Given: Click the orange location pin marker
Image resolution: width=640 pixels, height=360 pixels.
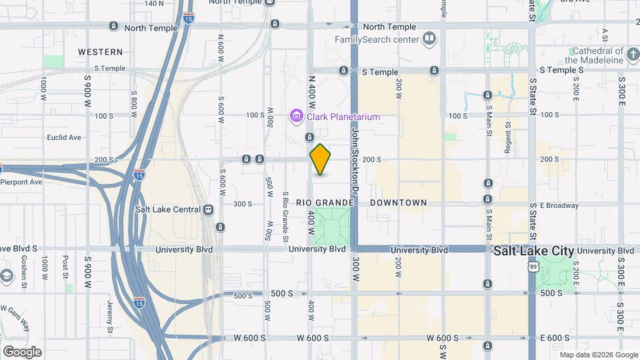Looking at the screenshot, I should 321,159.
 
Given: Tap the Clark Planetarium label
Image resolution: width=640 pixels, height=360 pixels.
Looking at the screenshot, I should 343,117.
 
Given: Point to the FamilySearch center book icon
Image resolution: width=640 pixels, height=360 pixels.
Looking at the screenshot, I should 429,39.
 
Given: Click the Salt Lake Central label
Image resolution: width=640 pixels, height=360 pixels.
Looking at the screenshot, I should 167,209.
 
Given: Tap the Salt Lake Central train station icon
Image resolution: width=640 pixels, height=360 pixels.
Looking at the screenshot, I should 209,209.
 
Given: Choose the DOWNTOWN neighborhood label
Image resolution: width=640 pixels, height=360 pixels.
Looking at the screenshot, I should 398,203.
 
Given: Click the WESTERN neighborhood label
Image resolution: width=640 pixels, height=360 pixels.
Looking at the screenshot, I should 100,51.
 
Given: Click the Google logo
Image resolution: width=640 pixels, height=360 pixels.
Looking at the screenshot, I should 22,352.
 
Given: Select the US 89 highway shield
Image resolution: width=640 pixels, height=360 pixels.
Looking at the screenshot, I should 532,267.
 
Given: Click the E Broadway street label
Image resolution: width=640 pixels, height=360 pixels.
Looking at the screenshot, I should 560,205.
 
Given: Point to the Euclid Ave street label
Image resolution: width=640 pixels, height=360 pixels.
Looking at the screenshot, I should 64,138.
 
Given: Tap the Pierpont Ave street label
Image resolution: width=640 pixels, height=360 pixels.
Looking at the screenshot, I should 21,181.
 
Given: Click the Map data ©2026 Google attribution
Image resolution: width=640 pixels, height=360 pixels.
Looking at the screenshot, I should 599,355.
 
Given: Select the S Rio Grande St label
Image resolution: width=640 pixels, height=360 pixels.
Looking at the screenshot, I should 285,217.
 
